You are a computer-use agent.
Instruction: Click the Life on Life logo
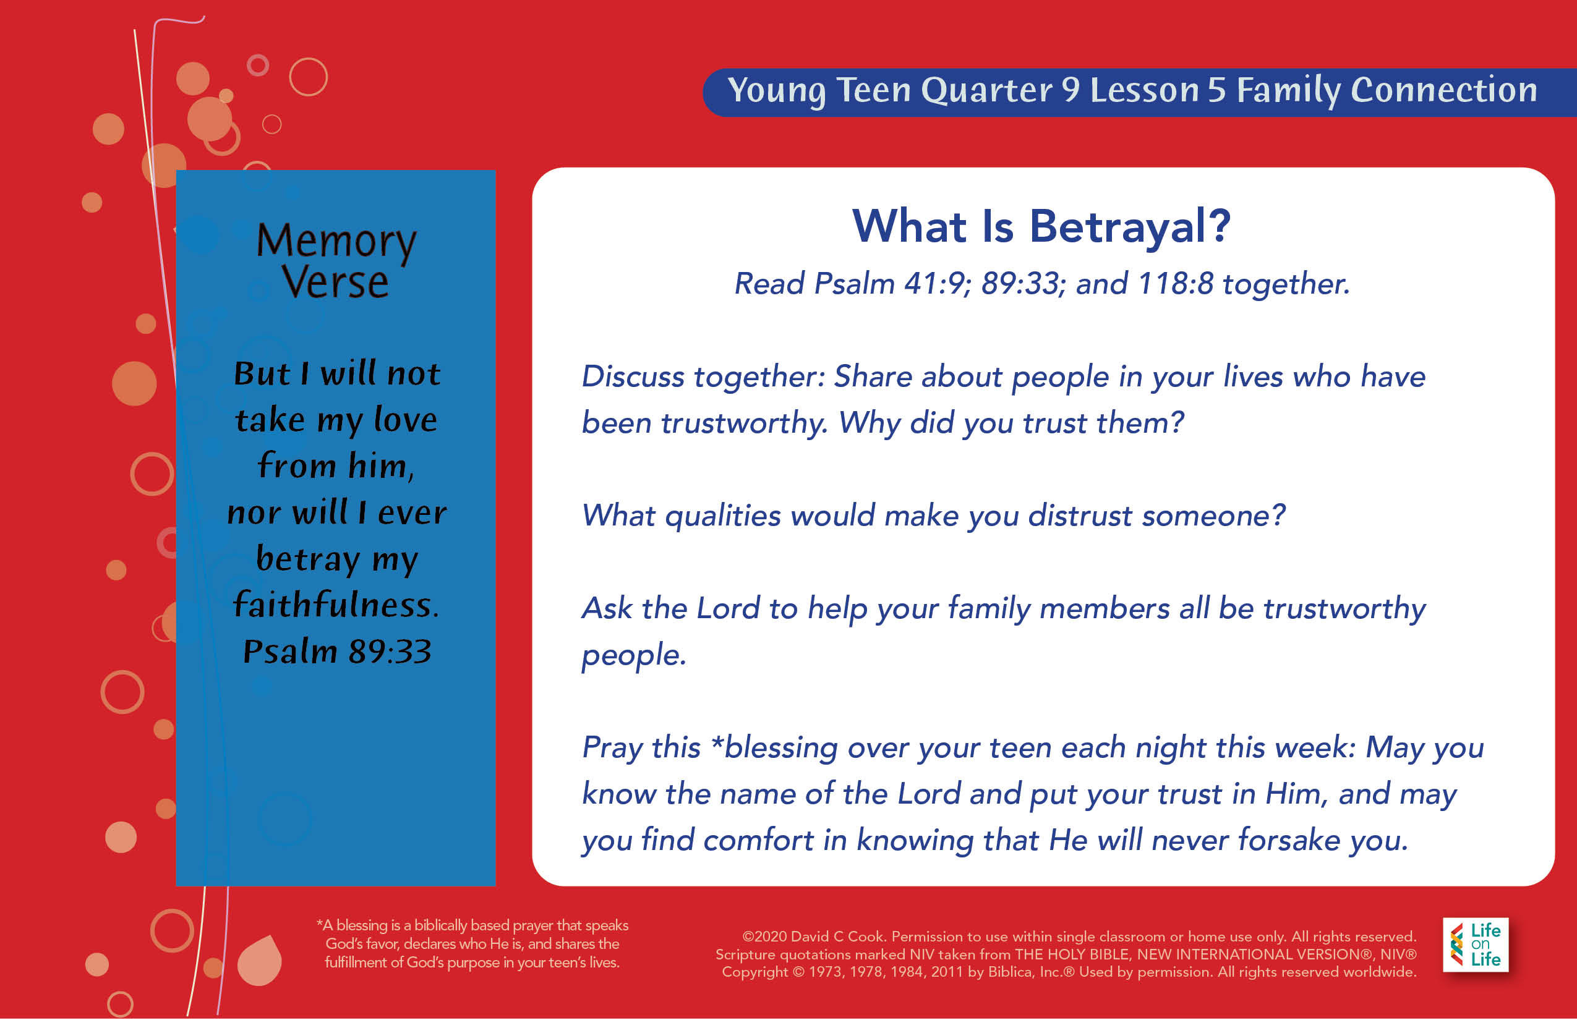coord(1476,945)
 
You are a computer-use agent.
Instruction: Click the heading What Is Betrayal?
coord(1041,226)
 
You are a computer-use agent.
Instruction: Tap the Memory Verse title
coord(336,260)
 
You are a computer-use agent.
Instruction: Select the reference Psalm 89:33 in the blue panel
coord(337,651)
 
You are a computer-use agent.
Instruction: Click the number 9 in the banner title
coord(1071,90)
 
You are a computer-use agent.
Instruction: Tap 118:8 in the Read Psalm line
coord(1176,284)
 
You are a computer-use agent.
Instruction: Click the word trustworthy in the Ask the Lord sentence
coord(1344,609)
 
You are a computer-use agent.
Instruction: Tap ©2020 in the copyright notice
coord(764,937)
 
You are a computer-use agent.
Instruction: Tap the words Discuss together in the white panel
coord(703,377)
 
